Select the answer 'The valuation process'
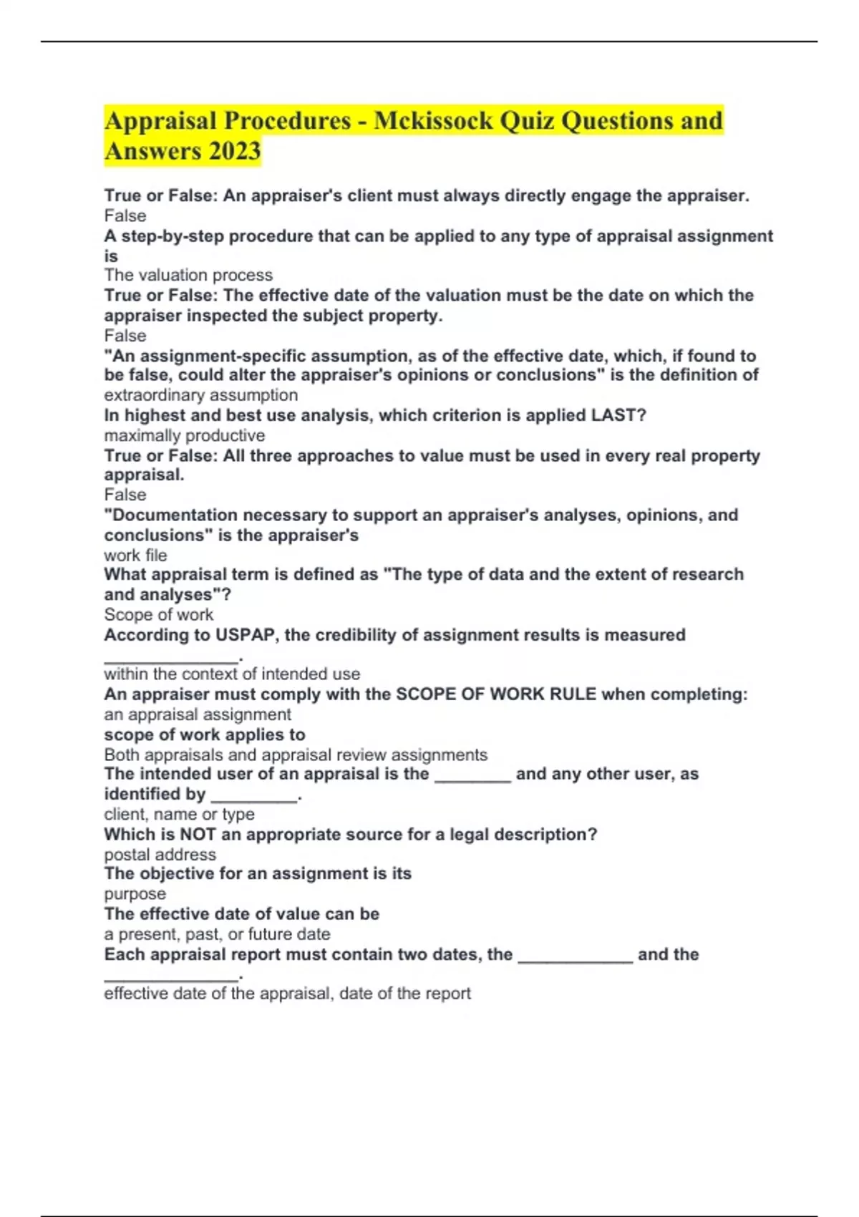[x=188, y=276]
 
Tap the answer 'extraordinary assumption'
[x=200, y=395]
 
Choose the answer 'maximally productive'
[x=184, y=436]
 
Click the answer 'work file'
[x=135, y=556]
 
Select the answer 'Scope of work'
[x=158, y=615]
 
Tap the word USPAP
[x=245, y=635]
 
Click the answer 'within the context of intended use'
[x=232, y=674]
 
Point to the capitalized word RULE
[x=573, y=694]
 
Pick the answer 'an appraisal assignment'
[x=197, y=714]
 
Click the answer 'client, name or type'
[x=179, y=815]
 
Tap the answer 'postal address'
[x=160, y=855]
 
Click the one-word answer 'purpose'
[x=135, y=894]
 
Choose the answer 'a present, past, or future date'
[x=217, y=934]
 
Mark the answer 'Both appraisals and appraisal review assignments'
[x=295, y=755]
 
